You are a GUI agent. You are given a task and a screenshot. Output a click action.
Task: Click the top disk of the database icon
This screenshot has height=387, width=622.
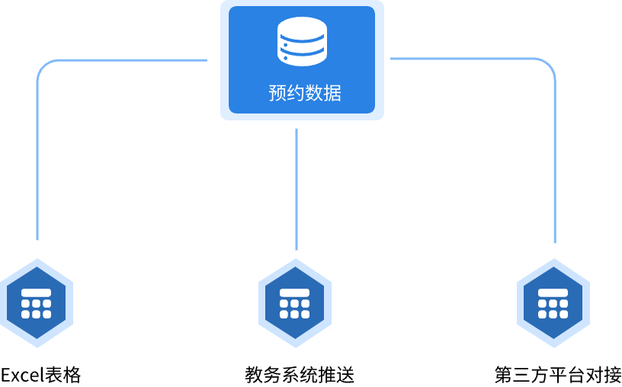pyautogui.click(x=302, y=28)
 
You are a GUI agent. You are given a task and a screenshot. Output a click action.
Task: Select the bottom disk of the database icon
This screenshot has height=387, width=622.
pyautogui.click(x=302, y=58)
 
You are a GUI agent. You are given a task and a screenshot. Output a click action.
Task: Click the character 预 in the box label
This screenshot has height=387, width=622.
pyautogui.click(x=277, y=93)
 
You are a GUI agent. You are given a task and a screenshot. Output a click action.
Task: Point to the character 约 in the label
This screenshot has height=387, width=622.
pyautogui.click(x=296, y=93)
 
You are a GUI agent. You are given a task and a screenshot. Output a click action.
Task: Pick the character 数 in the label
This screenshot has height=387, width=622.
pyautogui.click(x=314, y=93)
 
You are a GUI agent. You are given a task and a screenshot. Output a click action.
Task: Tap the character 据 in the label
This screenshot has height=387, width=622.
pyautogui.click(x=332, y=93)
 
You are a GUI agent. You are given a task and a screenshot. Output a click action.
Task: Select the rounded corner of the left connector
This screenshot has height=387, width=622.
pyautogui.click(x=43, y=66)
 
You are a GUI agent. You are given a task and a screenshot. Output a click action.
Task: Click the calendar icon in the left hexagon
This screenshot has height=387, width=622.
pyautogui.click(x=36, y=303)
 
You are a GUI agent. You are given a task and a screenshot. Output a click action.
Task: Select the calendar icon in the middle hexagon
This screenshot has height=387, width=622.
pyautogui.click(x=294, y=303)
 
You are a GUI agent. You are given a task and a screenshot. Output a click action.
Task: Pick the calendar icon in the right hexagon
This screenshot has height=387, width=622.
pyautogui.click(x=553, y=303)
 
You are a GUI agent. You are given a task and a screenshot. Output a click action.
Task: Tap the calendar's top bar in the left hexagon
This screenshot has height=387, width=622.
pyautogui.click(x=36, y=293)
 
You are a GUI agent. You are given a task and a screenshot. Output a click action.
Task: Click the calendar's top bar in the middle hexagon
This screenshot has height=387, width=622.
pyautogui.click(x=294, y=293)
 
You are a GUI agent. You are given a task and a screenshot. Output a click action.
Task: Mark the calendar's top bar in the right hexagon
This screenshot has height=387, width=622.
pyautogui.click(x=553, y=293)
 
